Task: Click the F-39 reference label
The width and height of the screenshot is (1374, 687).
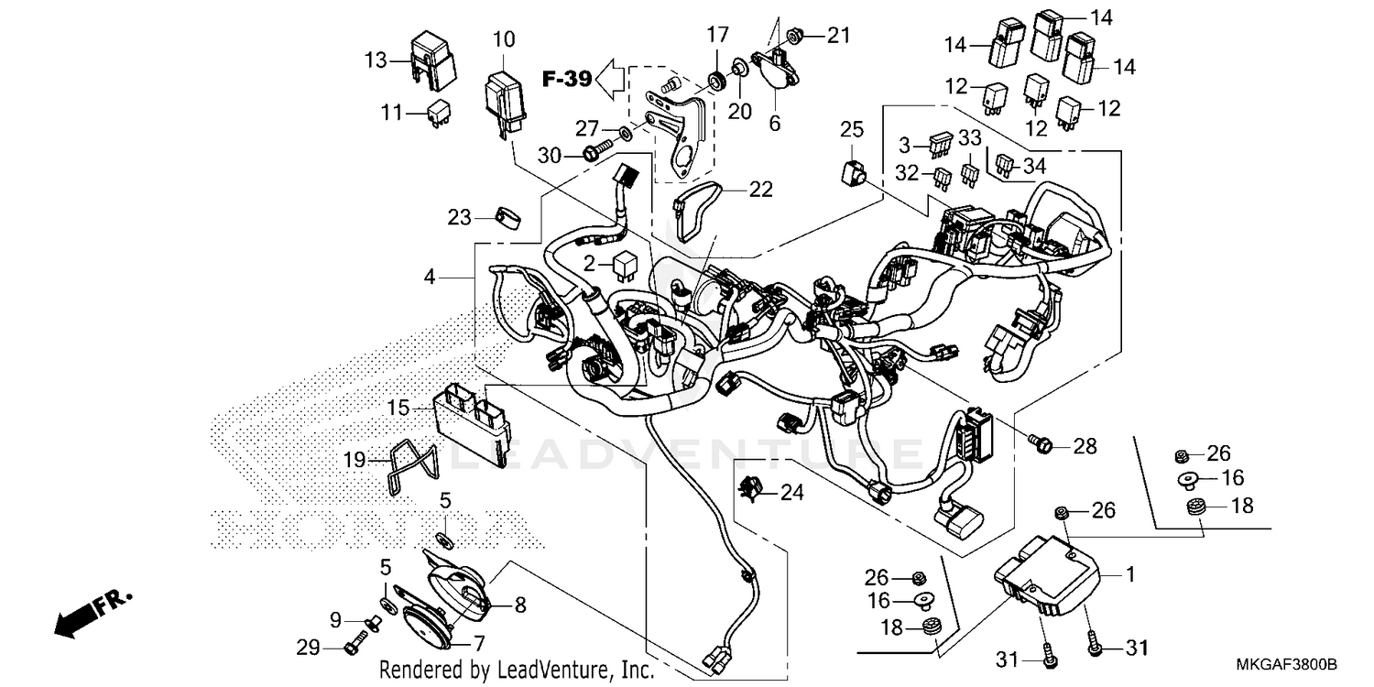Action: point(566,79)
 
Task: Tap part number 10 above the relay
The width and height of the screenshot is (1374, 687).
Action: point(504,39)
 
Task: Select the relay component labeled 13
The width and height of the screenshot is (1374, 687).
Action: point(432,61)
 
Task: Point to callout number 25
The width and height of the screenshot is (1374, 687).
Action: point(852,129)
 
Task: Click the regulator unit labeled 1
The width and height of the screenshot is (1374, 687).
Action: point(1053,575)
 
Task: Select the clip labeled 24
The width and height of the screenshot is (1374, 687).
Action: point(751,492)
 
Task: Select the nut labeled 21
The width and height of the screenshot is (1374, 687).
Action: point(797,35)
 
